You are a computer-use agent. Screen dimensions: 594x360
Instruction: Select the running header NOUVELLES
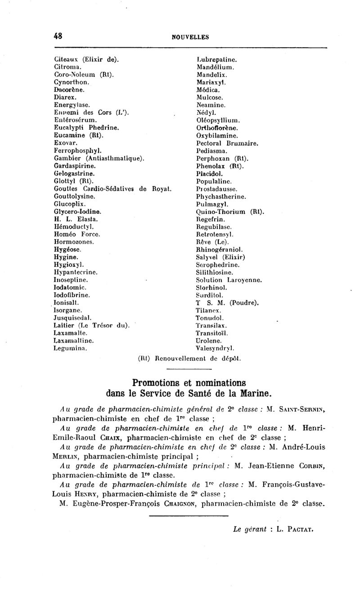(190, 38)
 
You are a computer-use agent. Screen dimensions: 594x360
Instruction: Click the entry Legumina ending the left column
(70, 348)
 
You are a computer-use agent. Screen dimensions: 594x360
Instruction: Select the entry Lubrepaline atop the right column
(217, 59)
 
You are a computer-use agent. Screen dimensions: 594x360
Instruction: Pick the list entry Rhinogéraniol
(220, 249)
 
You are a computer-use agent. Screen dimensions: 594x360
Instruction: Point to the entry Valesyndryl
(217, 348)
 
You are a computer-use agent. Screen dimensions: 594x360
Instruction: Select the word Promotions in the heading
(156, 383)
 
